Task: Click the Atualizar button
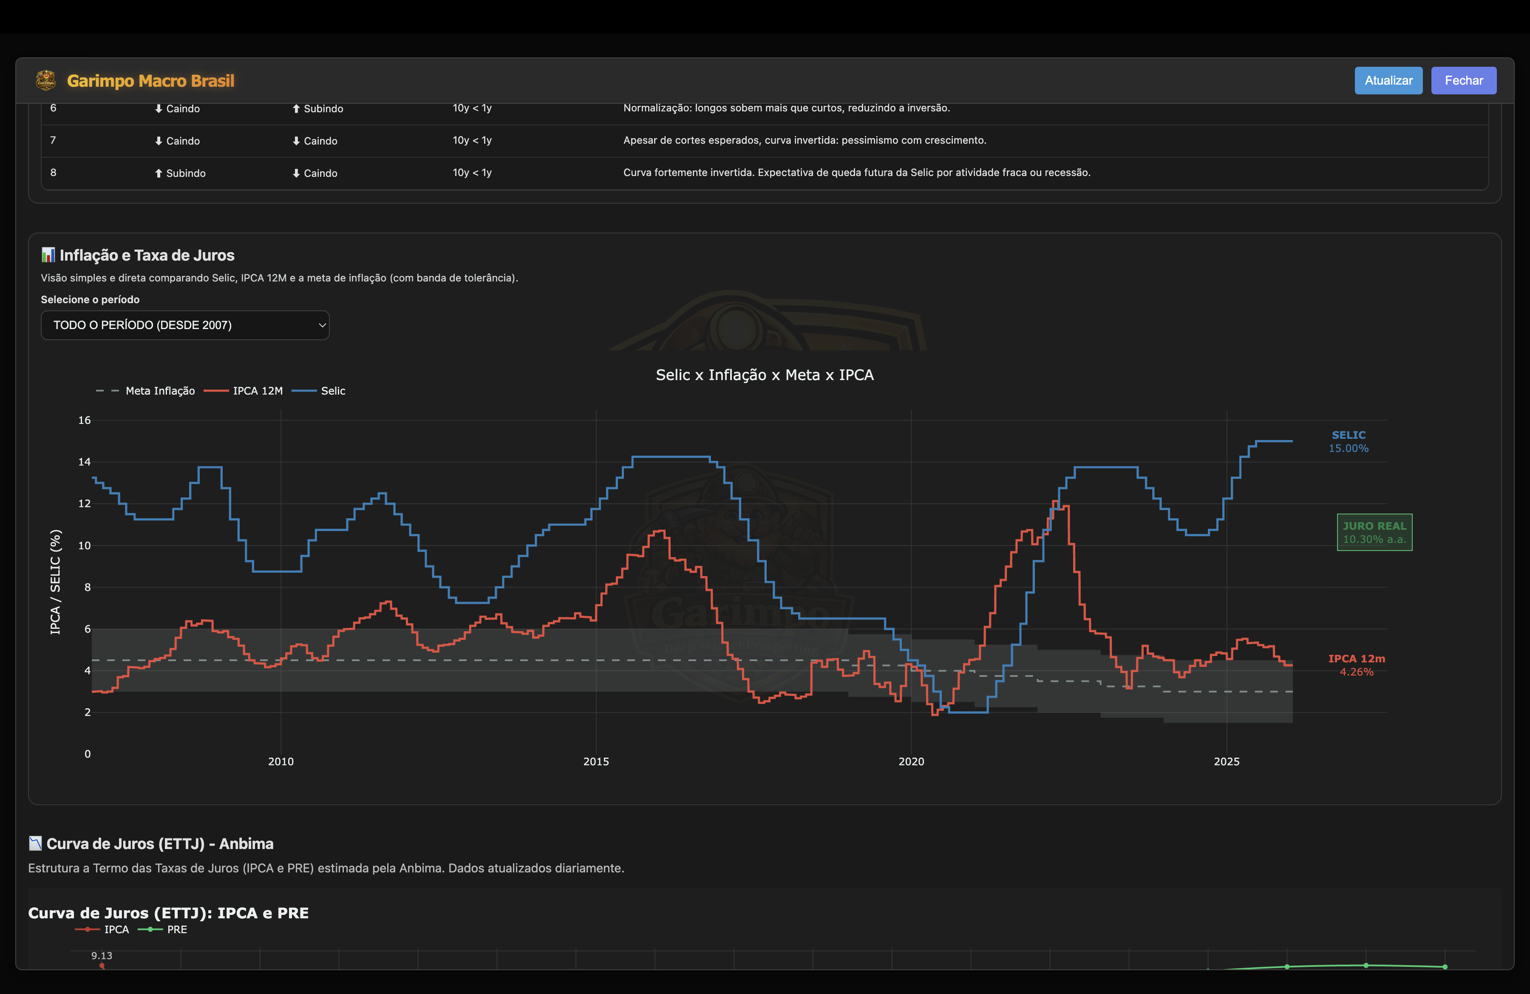(1388, 80)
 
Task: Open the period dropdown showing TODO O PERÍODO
(184, 325)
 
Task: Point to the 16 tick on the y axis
(84, 420)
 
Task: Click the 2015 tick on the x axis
(595, 762)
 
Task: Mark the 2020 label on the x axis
(910, 762)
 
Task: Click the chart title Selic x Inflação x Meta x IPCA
(764, 375)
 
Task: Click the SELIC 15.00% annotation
(1348, 442)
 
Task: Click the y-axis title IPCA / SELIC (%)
(56, 582)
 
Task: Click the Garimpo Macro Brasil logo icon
(45, 80)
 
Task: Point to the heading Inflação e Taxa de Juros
(147, 255)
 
